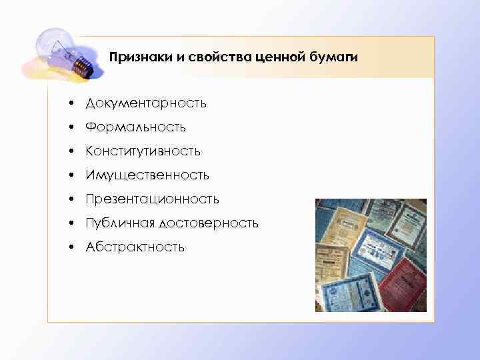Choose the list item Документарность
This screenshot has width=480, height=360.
coord(145,103)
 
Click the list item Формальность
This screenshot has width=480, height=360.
coord(135,127)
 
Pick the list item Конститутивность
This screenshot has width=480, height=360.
coord(143,151)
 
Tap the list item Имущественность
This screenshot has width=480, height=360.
coord(147,175)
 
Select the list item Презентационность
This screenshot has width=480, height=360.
coord(152,199)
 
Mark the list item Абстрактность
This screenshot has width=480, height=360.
coord(135,247)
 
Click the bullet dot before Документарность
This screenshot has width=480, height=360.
coord(69,104)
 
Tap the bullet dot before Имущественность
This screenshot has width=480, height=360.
coord(69,176)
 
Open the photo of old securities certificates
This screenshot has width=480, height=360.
coord(371,255)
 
